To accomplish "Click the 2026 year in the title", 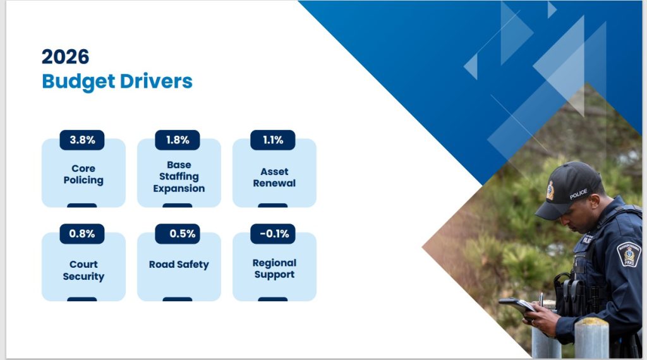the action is (x=65, y=56).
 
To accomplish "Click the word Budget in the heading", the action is (x=78, y=81).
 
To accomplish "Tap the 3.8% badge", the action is (x=82, y=140).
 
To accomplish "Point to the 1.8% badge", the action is (x=178, y=140).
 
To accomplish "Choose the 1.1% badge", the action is (x=273, y=140).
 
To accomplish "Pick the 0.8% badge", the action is (x=82, y=234).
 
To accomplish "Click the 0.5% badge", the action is (x=178, y=234).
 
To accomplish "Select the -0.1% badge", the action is (x=273, y=234).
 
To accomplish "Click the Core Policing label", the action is (x=83, y=174).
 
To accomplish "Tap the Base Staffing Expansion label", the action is (x=179, y=176).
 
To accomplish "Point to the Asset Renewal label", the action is (x=274, y=177).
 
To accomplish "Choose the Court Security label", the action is (x=83, y=270).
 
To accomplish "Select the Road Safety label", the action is (x=179, y=265).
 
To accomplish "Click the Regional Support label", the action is (x=274, y=268).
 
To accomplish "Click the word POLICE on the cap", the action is (x=579, y=194).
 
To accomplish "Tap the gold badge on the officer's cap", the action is (x=550, y=191).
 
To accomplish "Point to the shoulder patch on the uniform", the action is (x=629, y=254).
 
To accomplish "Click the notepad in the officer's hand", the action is (x=517, y=305).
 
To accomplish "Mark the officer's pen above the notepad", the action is (x=541, y=299).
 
